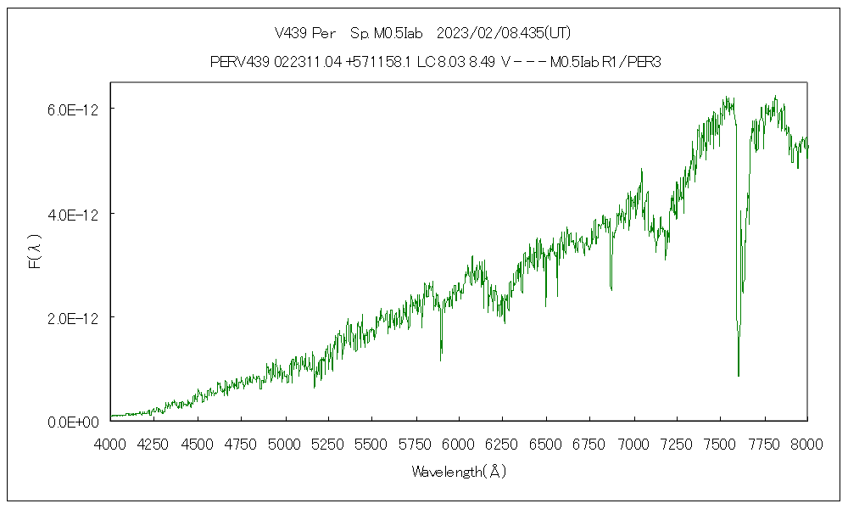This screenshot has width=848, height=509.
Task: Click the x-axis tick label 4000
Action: coord(110,444)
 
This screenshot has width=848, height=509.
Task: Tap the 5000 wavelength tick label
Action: coord(284,444)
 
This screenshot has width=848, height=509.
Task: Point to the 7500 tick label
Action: coord(720,444)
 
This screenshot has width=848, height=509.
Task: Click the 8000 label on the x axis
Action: coord(806,444)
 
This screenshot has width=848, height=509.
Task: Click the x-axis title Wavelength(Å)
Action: coord(458,472)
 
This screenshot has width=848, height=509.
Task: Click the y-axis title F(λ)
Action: coord(35,252)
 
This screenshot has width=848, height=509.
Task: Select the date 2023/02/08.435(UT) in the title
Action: coord(503,33)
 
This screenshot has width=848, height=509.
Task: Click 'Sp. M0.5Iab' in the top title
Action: coord(386,33)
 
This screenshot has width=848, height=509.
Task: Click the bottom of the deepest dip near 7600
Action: coord(739,375)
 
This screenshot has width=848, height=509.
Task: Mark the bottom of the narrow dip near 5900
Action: coord(441,361)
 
